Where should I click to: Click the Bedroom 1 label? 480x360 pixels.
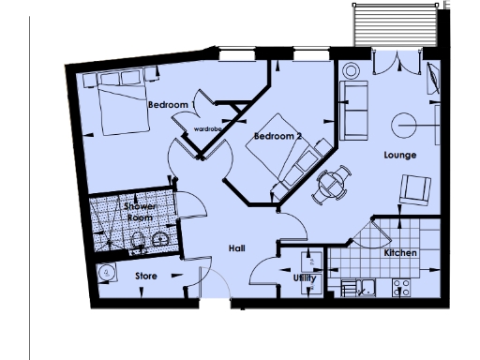click(x=172, y=104)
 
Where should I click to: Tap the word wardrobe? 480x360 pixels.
click(x=207, y=127)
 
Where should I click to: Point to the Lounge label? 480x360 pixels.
click(x=399, y=155)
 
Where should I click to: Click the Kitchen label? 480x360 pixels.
click(x=400, y=253)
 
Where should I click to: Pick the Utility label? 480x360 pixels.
click(x=306, y=278)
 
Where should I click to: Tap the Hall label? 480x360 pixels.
click(x=237, y=248)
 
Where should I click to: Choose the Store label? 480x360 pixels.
click(x=146, y=277)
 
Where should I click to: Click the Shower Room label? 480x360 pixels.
click(x=140, y=212)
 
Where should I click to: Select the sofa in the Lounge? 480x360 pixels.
click(x=353, y=109)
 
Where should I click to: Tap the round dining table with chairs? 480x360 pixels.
click(x=329, y=184)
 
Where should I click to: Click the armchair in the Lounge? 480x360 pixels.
click(x=413, y=191)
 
